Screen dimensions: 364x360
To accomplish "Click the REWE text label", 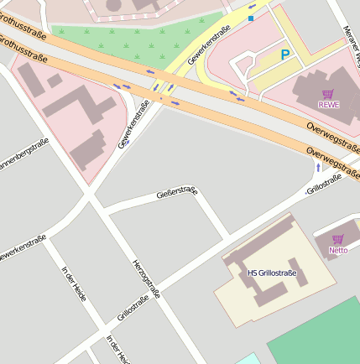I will point(328,104).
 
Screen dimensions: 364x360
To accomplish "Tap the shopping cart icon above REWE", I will point(328,92).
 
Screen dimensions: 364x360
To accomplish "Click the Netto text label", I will point(338,250).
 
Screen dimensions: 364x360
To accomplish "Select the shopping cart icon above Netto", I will point(338,239).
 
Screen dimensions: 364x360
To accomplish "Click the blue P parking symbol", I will point(285,55).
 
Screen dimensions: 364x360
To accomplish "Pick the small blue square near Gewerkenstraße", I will point(250,18).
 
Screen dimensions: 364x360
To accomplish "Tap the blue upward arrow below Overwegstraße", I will point(317,168).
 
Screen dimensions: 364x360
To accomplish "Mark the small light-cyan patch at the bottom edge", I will point(248,359).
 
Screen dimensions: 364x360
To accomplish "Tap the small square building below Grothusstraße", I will point(55,81).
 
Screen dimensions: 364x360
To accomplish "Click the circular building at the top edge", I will point(130,7).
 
